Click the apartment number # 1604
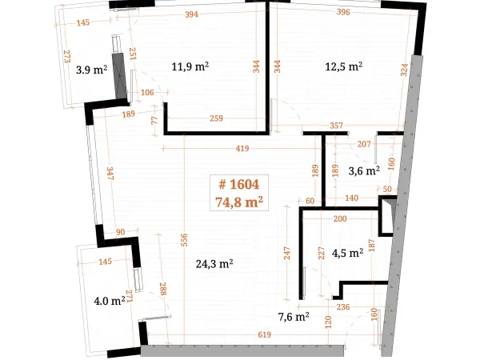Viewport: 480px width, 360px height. pyautogui.click(x=239, y=185)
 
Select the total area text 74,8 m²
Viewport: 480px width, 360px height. pyautogui.click(x=239, y=202)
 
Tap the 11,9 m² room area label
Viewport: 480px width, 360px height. pyautogui.click(x=190, y=66)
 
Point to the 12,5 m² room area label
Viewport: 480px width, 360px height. pyautogui.click(x=344, y=66)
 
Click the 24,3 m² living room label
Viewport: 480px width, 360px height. pyautogui.click(x=214, y=263)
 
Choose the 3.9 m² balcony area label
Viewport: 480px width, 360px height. pyautogui.click(x=91, y=70)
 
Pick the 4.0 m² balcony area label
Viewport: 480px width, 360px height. pyautogui.click(x=110, y=301)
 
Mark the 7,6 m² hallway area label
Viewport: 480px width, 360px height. pyautogui.click(x=294, y=317)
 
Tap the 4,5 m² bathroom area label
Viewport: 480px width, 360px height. pyautogui.click(x=347, y=253)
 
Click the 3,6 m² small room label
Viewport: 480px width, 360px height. pyautogui.click(x=364, y=171)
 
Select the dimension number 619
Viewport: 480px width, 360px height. pyautogui.click(x=264, y=334)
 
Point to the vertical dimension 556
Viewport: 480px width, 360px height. pyautogui.click(x=184, y=240)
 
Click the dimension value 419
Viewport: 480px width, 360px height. pyautogui.click(x=242, y=149)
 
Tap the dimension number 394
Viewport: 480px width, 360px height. pyautogui.click(x=192, y=14)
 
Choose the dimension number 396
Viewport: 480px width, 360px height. pyautogui.click(x=343, y=12)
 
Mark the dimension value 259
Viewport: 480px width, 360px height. pyautogui.click(x=216, y=118)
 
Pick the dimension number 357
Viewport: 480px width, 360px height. pyautogui.click(x=336, y=126)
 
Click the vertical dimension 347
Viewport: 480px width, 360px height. pyautogui.click(x=110, y=174)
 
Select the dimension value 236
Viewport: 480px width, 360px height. pyautogui.click(x=343, y=306)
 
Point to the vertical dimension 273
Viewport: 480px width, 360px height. pyautogui.click(x=66, y=56)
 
